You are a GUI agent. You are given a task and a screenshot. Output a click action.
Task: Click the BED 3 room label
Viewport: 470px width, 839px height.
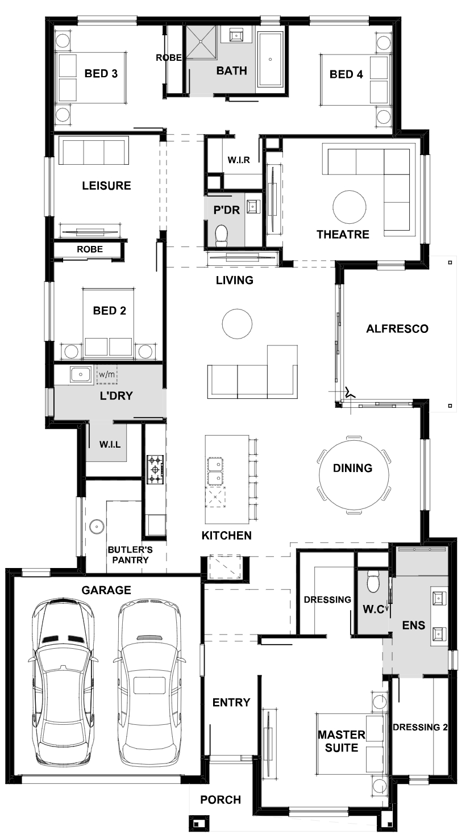tap(101, 73)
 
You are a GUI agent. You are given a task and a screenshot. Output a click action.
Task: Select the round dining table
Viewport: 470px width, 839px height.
tap(354, 474)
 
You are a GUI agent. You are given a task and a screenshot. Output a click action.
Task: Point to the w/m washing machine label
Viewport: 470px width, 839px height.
tap(107, 374)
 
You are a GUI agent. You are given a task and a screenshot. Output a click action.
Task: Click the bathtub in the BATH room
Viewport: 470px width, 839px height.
tap(270, 60)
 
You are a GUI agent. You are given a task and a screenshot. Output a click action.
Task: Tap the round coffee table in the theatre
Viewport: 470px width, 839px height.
tap(350, 207)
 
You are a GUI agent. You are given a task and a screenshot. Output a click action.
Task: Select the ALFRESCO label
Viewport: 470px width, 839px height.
tap(397, 328)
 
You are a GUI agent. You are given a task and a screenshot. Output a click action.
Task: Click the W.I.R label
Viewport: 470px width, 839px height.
tap(239, 160)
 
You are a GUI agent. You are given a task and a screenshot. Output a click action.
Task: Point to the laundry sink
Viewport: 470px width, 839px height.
tap(80, 374)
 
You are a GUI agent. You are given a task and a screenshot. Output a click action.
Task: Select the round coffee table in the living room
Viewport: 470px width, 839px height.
tap(237, 324)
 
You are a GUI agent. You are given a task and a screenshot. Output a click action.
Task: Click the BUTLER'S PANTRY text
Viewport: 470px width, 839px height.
tap(130, 555)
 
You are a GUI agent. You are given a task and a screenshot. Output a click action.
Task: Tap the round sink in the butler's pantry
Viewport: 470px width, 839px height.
tap(97, 526)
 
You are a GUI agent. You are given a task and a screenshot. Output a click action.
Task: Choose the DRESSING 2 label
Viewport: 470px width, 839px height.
tap(420, 727)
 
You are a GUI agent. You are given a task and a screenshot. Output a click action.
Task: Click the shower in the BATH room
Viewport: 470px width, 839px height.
tap(201, 43)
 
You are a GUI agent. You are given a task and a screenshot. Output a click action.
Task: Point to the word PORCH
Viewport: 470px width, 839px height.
tap(221, 800)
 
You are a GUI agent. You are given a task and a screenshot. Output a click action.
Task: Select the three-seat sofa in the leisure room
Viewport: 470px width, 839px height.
tap(94, 151)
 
